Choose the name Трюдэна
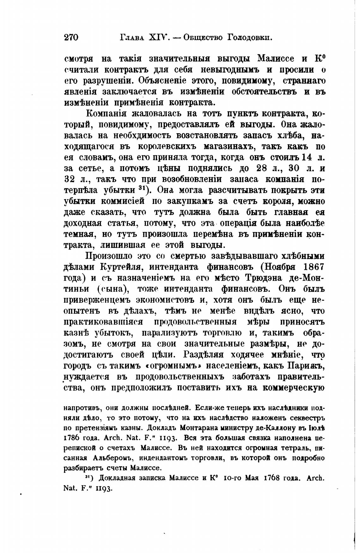pyautogui.click(x=264, y=278)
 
